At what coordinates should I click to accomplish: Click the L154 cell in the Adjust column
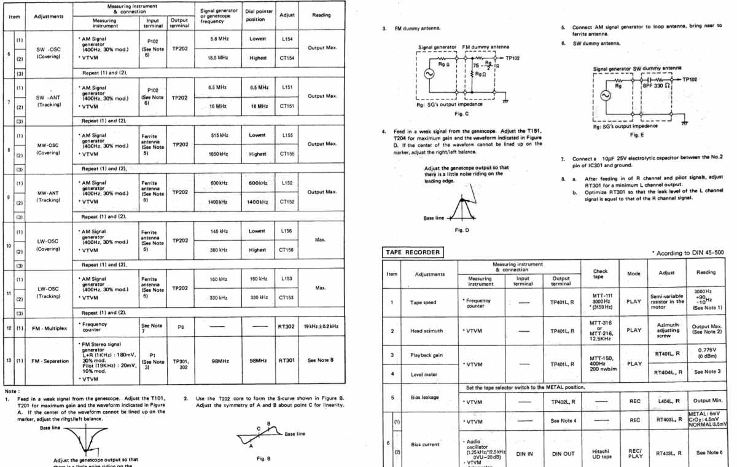pyautogui.click(x=287, y=39)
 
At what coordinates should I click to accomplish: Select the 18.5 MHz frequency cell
pyautogui.click(x=219, y=57)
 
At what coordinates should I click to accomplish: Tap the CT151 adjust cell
pyautogui.click(x=287, y=106)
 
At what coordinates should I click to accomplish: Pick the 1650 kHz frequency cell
pyautogui.click(x=219, y=154)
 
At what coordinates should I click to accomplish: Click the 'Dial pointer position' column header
pyautogui.click(x=257, y=15)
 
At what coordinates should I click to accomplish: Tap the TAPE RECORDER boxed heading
pyautogui.click(x=413, y=253)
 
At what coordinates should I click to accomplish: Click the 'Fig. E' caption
pyautogui.click(x=637, y=135)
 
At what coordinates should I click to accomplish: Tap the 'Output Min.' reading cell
pyautogui.click(x=706, y=401)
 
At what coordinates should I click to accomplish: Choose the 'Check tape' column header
pyautogui.click(x=599, y=274)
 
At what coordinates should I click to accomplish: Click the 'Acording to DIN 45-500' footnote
pyautogui.click(x=690, y=253)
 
